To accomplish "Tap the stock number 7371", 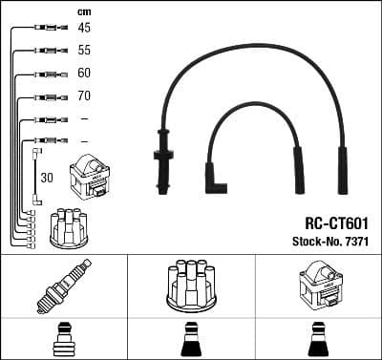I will coord(355,242).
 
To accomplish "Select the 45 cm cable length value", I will coord(84,29).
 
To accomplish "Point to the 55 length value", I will coord(84,51).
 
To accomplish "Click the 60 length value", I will coord(84,74).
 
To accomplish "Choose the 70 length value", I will coord(84,96).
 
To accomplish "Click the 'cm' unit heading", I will coord(83,11).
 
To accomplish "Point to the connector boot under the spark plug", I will coord(63,338).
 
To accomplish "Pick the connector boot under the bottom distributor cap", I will coord(191,338).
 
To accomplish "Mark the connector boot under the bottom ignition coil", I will coord(318,338).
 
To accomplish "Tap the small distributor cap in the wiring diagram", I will coord(69,226).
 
